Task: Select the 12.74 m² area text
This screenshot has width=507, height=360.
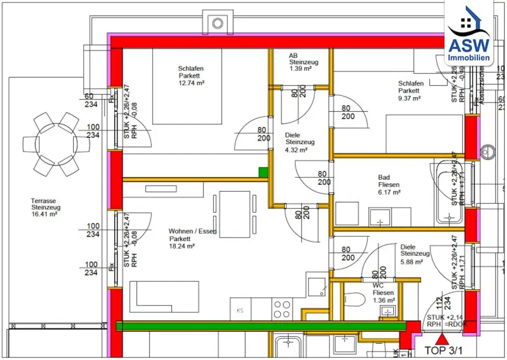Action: click(192, 83)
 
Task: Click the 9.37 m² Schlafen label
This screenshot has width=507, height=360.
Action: click(409, 91)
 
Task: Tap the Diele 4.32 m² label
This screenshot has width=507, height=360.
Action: click(299, 142)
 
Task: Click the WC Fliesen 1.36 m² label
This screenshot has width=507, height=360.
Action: click(383, 293)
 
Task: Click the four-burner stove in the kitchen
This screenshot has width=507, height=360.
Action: click(282, 309)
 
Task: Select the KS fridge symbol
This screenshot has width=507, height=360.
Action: click(240, 310)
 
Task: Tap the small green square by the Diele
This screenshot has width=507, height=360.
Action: click(263, 172)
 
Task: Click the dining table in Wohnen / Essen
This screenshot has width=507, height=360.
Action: click(235, 213)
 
